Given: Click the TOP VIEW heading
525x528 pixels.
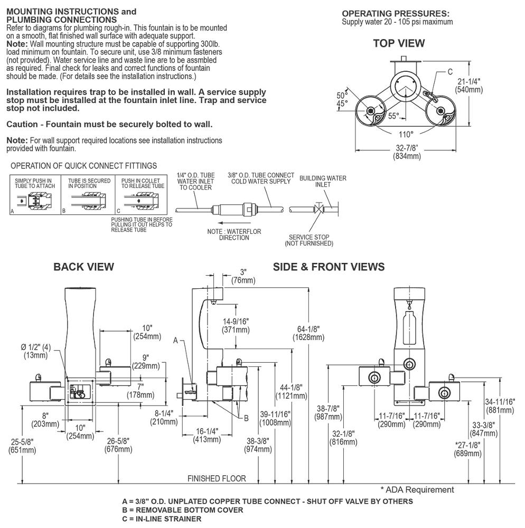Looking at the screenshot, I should [399, 43].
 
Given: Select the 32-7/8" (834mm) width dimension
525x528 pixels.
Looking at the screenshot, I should [407, 152].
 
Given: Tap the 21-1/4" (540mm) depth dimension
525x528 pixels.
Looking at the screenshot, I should [468, 86].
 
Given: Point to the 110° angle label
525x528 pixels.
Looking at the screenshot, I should [406, 134].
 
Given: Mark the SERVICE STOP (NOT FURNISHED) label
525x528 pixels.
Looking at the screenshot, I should [309, 240].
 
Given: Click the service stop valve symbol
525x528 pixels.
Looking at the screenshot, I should [318, 210].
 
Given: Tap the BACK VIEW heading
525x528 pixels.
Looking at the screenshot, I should [83, 267].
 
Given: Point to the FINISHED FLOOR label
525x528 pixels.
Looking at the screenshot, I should [217, 478].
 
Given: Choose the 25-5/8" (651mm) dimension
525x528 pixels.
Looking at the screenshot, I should [22, 446].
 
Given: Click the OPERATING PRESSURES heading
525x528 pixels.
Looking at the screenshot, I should [396, 13].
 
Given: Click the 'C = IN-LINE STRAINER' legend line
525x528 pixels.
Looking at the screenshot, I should [161, 519].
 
